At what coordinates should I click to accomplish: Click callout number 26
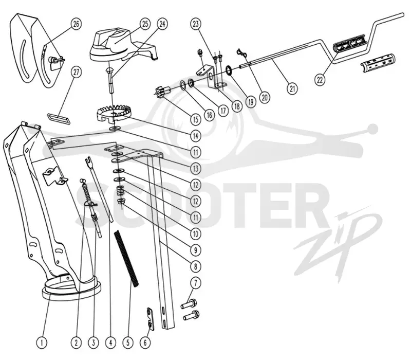tap(76, 24)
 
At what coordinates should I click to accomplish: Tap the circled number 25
tap(145, 24)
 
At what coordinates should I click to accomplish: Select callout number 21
tap(292, 88)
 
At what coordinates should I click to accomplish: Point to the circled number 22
tap(320, 80)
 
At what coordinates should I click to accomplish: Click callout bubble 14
tap(196, 136)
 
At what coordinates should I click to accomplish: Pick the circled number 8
tap(196, 266)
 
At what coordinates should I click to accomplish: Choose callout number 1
tap(42, 343)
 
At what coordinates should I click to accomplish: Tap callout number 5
tap(128, 343)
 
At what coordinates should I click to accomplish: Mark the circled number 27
tap(76, 72)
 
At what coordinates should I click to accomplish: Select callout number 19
tap(251, 101)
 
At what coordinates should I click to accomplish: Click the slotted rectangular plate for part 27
tap(59, 119)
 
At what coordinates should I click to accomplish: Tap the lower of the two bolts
tap(191, 315)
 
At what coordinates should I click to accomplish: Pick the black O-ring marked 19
tap(230, 70)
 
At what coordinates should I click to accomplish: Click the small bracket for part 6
tap(150, 319)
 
